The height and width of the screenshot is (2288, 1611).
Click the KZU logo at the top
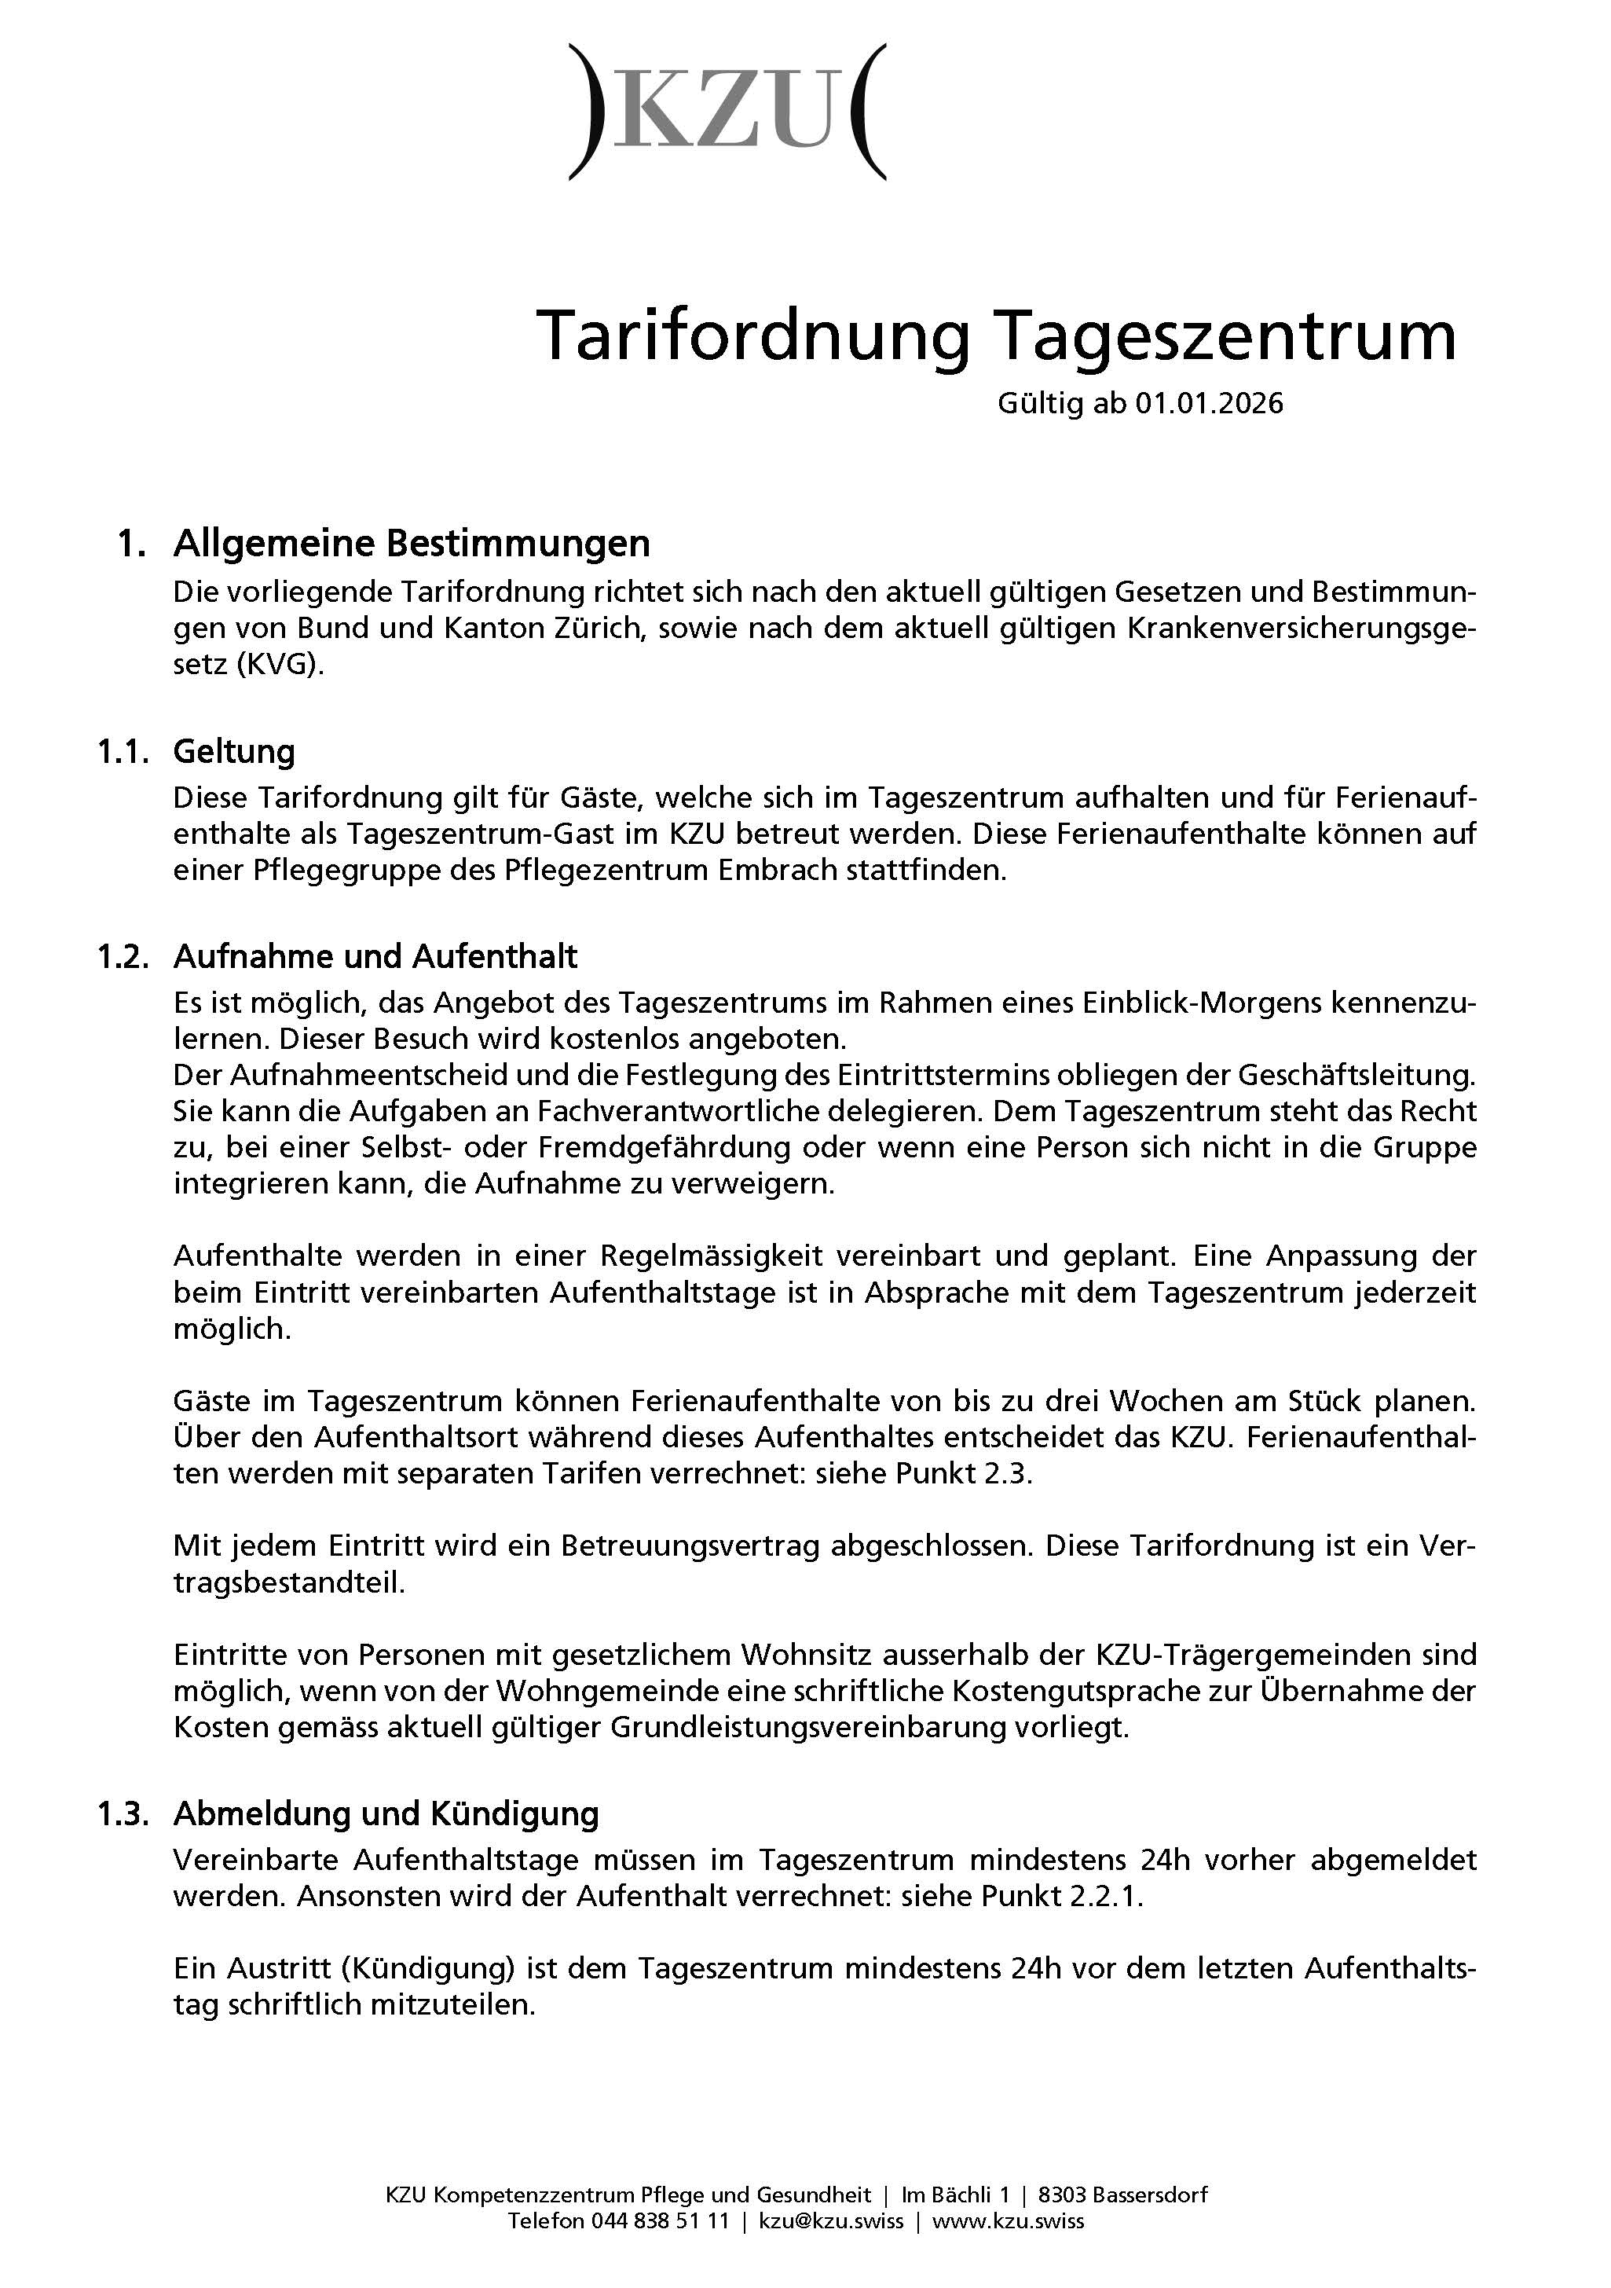pos(727,112)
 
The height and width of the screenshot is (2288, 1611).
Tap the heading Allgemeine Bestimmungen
pos(411,544)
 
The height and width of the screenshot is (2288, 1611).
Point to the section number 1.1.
pos(123,751)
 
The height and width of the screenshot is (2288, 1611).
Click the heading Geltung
pos(234,751)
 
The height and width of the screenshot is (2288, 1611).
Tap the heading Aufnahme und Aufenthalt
pos(375,957)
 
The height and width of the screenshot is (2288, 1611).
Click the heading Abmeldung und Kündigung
pos(386,1813)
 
